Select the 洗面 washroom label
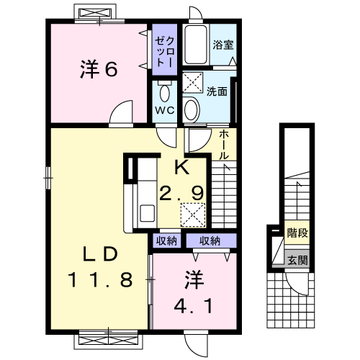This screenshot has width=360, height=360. pos(217,92)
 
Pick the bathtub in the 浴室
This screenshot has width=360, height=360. pos(194,46)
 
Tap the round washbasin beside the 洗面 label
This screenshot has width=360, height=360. pos(192,109)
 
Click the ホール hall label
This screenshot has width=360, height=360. pos(224,143)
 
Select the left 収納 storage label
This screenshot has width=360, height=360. pos(166,241)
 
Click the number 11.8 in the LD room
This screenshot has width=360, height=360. pos(101,279)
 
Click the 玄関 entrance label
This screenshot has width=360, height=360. pos(297,261)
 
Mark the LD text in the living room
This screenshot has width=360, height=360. pos(99,255)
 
